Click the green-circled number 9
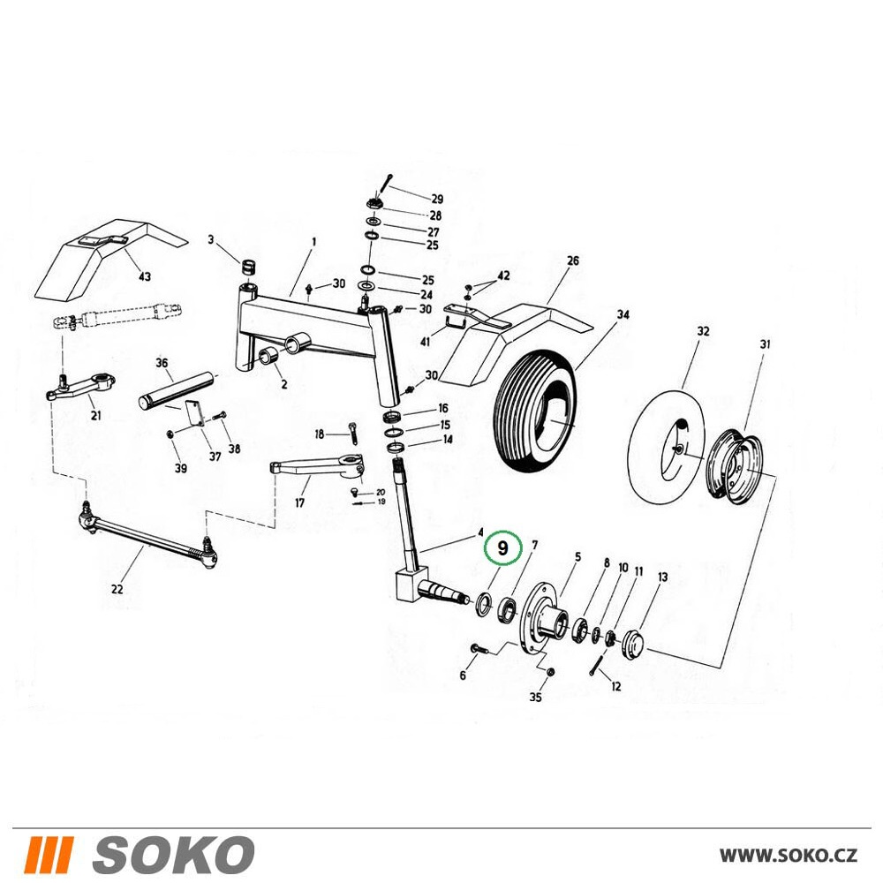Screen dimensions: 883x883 503,547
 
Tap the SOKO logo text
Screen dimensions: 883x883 173,854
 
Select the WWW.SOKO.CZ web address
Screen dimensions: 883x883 789,855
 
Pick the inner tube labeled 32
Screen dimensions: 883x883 665,445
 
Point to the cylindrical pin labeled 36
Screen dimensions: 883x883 177,389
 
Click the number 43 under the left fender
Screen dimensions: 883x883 145,276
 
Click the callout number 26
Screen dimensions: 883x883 572,260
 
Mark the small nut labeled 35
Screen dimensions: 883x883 551,671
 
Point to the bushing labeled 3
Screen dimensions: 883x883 248,266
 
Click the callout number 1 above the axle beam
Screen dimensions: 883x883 313,242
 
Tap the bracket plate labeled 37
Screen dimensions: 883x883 192,416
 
